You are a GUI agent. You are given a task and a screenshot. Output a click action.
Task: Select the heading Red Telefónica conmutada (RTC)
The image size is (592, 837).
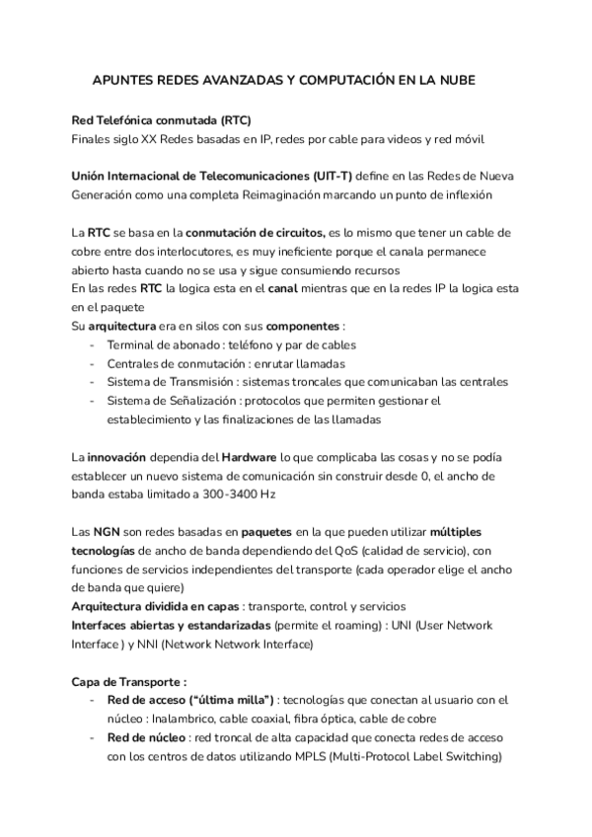click(162, 119)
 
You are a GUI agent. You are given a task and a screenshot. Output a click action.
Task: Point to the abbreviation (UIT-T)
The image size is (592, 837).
click(330, 176)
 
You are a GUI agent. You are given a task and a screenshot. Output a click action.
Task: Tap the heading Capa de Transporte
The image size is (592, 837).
click(129, 682)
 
